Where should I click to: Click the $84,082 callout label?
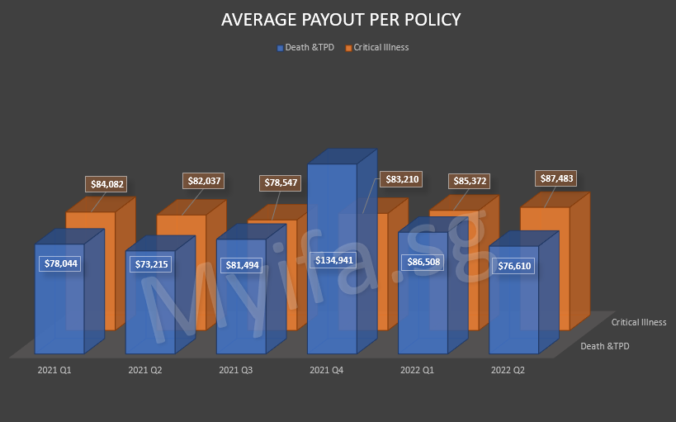(x=107, y=184)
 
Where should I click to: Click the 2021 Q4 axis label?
(x=327, y=371)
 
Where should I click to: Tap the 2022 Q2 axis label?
(x=508, y=371)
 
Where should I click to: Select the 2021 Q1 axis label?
(x=54, y=371)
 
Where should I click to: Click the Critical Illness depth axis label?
(x=639, y=322)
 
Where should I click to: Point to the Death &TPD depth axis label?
(x=604, y=346)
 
